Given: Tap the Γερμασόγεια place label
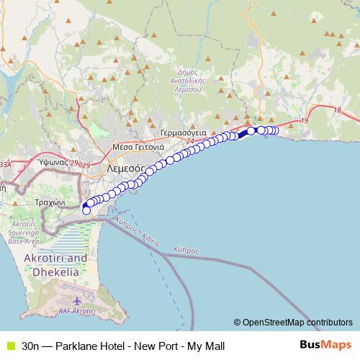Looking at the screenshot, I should pyautogui.click(x=184, y=133).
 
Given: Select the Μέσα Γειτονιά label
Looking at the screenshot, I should pyautogui.click(x=138, y=147).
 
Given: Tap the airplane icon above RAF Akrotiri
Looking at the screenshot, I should pyautogui.click(x=77, y=300).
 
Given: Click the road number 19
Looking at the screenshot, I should pyautogui.click(x=305, y=120).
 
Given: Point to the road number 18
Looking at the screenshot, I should pyautogui.click(x=338, y=109).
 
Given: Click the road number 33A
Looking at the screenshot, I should pyautogui.click(x=5, y=164).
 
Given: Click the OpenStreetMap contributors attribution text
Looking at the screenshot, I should pyautogui.click(x=296, y=322).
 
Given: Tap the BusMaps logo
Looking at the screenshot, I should pyautogui.click(x=326, y=346).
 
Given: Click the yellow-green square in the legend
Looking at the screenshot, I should pyautogui.click(x=9, y=346).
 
